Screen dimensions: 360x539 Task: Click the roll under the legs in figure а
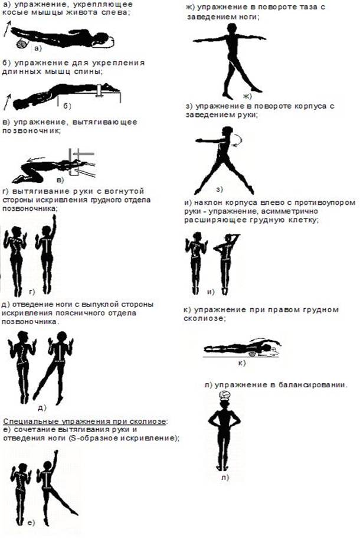pyautogui.click(x=22, y=44)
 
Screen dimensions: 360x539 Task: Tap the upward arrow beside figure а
pyautogui.click(x=7, y=28)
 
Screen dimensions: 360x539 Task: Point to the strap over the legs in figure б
pyautogui.click(x=100, y=90)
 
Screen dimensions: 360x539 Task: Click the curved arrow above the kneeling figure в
pyautogui.click(x=36, y=158)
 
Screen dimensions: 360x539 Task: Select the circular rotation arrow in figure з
pyautogui.click(x=238, y=141)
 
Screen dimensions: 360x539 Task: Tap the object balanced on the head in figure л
pyautogui.click(x=225, y=396)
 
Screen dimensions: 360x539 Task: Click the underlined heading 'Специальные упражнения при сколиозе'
pyautogui.click(x=85, y=421)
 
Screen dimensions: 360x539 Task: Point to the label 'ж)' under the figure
pyautogui.click(x=247, y=96)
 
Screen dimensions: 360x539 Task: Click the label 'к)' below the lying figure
pyautogui.click(x=242, y=362)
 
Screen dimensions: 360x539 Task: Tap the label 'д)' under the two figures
pyautogui.click(x=41, y=408)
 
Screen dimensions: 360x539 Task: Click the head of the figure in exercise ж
pyautogui.click(x=232, y=28)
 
